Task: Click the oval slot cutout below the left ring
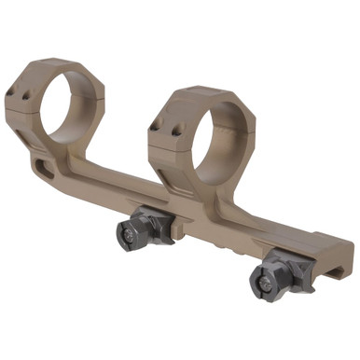(x=44, y=167)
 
